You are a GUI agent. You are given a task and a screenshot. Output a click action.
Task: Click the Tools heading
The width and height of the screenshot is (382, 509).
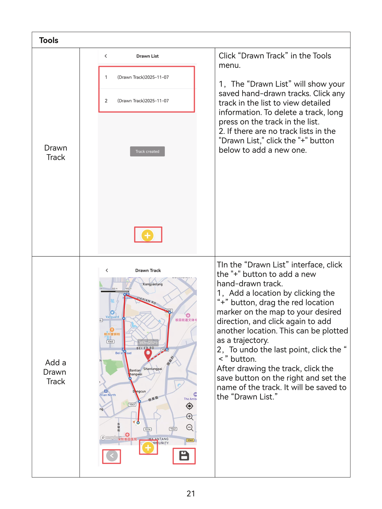tap(49, 40)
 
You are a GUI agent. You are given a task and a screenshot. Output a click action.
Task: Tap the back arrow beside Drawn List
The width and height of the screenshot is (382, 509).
tap(106, 56)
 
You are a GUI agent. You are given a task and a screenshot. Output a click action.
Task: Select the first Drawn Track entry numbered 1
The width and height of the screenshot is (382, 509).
tap(143, 77)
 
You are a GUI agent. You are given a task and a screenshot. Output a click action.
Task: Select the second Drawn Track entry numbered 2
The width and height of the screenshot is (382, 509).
tap(143, 101)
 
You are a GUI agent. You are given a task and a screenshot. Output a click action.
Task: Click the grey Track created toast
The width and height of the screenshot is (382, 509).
tap(147, 151)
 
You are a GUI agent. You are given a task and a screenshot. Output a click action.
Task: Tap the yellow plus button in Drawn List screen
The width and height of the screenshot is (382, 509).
tap(147, 235)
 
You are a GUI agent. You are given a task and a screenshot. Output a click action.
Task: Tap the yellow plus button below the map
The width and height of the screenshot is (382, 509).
tap(148, 448)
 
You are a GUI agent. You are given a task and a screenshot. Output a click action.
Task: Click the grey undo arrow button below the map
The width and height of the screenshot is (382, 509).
tap(112, 456)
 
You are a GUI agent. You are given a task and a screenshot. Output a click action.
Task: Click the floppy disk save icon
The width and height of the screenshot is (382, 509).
tap(184, 456)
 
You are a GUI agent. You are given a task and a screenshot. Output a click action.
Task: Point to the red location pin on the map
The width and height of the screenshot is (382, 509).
tap(148, 354)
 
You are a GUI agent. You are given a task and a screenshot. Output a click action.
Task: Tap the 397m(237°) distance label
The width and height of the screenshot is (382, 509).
tap(148, 343)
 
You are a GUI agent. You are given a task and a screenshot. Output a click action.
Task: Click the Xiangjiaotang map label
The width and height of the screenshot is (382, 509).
tap(152, 284)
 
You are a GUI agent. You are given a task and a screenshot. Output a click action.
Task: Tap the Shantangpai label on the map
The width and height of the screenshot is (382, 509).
tap(153, 369)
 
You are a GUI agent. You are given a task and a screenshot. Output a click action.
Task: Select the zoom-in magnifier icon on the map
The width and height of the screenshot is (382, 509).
tap(190, 417)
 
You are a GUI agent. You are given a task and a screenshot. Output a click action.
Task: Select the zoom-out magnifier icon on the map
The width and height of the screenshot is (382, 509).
tap(190, 428)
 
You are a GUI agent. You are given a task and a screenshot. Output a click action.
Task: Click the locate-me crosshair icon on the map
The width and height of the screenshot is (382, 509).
tap(190, 406)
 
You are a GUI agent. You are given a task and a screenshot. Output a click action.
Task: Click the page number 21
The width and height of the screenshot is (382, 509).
tap(191, 494)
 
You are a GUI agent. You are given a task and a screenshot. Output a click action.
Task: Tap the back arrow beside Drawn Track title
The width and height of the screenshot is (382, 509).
tap(107, 270)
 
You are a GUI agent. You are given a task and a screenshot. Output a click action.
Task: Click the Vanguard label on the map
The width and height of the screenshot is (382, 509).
tap(112, 317)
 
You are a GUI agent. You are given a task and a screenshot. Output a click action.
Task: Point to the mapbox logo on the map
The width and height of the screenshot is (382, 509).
tap(111, 438)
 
